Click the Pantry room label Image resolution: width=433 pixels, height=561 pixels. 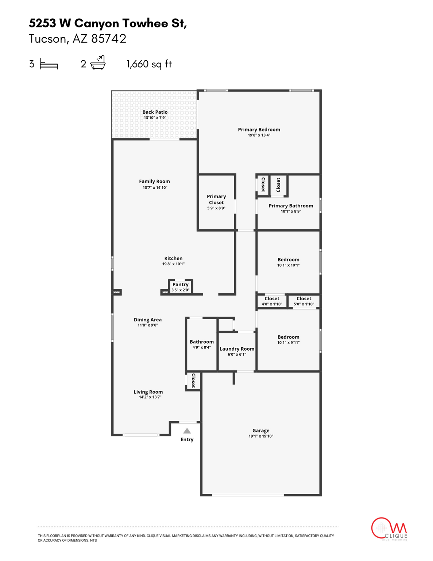(181, 285)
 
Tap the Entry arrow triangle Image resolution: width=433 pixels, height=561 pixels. (187, 431)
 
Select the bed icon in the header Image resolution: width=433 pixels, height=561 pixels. (49, 65)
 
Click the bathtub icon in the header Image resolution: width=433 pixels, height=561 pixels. (98, 63)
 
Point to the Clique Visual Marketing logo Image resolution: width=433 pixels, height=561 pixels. (389, 529)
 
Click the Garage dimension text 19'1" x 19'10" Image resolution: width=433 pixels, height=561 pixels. (261, 436)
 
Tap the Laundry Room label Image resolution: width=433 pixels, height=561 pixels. (237, 349)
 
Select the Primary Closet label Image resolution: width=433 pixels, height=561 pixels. (216, 199)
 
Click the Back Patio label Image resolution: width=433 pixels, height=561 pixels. (155, 112)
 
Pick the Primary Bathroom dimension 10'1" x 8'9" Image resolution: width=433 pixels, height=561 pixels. (291, 211)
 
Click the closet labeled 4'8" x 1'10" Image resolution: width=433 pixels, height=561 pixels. (272, 301)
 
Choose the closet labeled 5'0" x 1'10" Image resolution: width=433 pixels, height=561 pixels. (304, 301)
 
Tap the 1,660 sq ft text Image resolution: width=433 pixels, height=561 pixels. (149, 64)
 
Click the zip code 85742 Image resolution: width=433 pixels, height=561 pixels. (109, 39)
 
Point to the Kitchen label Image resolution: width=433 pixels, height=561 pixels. (173, 258)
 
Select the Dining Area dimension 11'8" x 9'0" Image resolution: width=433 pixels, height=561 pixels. (148, 325)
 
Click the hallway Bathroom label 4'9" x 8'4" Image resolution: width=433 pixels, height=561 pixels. (202, 344)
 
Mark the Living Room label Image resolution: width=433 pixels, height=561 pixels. (148, 392)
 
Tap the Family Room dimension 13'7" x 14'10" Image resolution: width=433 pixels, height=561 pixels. (155, 187)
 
